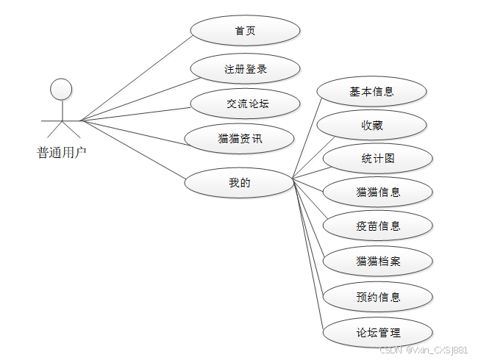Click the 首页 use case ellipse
pos(245,31)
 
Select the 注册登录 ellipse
pos(245,70)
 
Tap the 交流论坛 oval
pos(245,104)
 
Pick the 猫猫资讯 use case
pos(240,138)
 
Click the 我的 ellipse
pos(240,182)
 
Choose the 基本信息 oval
pos(371,92)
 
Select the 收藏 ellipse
pos(371,126)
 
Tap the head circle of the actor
pos(61,90)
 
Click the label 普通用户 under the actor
pos(62,153)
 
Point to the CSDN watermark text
pos(423,350)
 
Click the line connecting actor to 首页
pos(136,75)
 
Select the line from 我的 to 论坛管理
pos(309,256)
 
